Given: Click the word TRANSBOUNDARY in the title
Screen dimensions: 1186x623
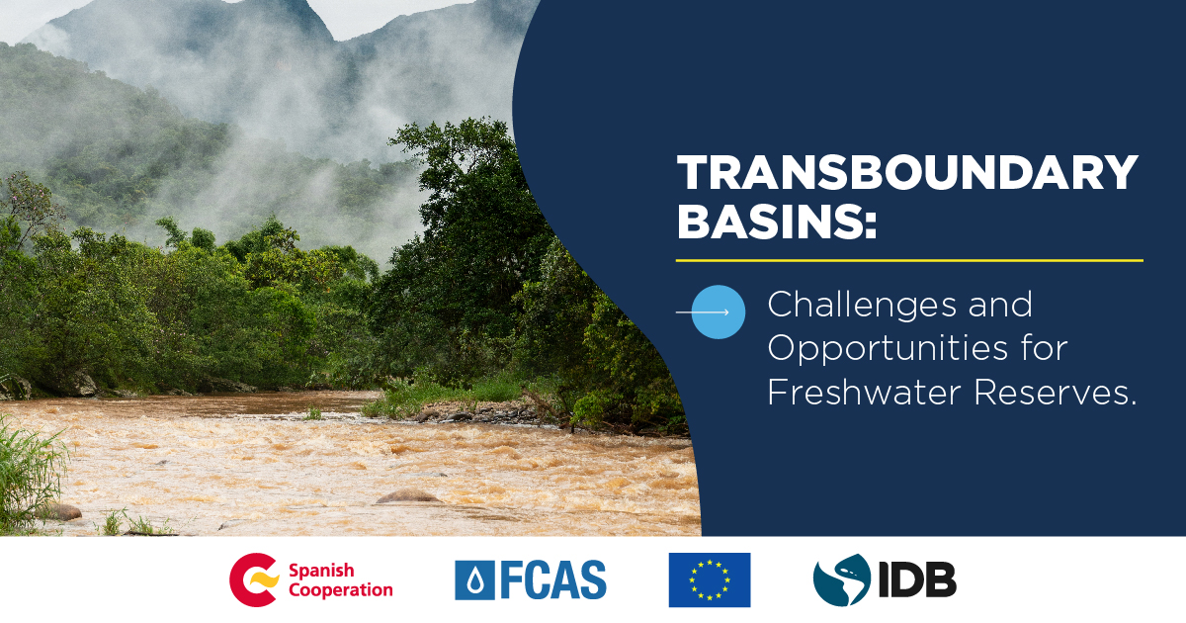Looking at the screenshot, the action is [x=907, y=172].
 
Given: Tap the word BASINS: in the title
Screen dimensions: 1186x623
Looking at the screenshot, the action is [x=777, y=221].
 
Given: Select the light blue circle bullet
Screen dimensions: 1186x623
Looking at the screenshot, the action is [x=719, y=312].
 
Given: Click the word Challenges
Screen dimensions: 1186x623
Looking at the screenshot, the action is [x=863, y=307].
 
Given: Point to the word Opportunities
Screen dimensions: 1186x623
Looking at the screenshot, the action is [x=888, y=350].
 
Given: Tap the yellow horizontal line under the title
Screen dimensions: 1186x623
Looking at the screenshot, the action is [x=909, y=261].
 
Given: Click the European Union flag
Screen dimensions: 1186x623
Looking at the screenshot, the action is [x=710, y=579].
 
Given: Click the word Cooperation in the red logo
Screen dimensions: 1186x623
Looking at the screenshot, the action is [x=341, y=590].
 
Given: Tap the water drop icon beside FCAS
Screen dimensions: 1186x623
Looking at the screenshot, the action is [x=475, y=580].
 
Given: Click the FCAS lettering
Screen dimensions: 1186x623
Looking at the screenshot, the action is [x=553, y=580].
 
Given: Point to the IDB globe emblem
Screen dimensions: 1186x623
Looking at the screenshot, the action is [x=842, y=579].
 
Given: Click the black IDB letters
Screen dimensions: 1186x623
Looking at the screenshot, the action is [x=917, y=579].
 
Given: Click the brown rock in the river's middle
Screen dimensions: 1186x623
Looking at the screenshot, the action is [x=407, y=496].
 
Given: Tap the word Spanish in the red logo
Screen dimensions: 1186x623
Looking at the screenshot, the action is [x=321, y=572].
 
